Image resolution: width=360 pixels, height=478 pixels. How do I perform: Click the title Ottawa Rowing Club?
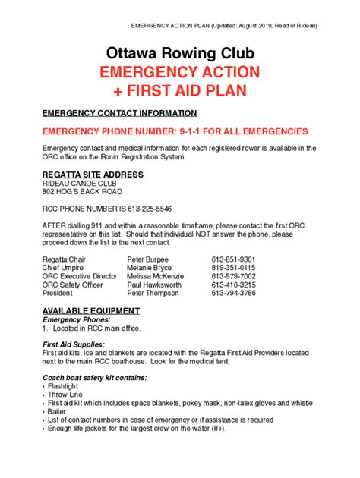click(180, 53)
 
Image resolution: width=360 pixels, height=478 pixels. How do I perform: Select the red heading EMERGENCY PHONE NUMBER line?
click(175, 131)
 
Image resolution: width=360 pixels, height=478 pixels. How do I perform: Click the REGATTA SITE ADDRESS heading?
click(93, 175)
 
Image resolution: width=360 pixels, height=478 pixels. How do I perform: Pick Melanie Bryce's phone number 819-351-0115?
click(233, 268)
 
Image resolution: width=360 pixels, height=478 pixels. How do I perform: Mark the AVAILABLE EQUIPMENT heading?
click(90, 311)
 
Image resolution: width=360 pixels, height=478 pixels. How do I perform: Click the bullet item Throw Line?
click(65, 395)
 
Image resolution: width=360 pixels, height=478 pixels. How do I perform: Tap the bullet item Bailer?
click(57, 411)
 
